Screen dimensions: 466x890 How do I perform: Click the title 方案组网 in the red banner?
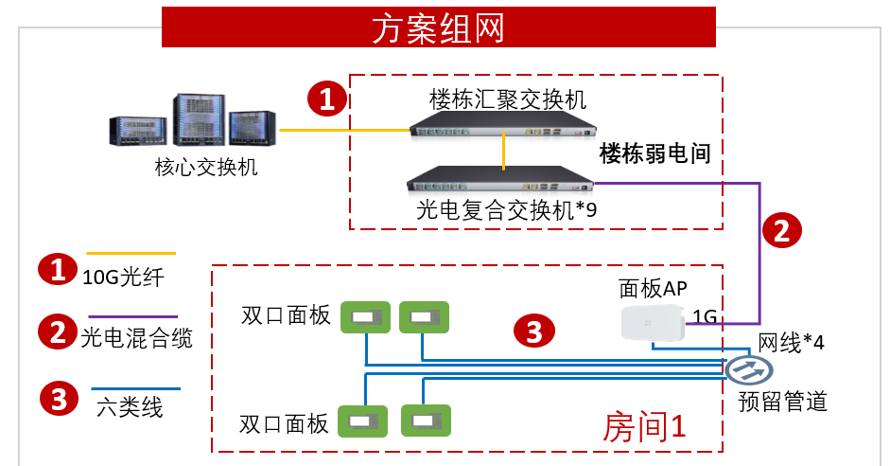coord(437,28)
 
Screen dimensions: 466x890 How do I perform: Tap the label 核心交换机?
coord(206,168)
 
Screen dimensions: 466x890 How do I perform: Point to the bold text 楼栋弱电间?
coord(654,153)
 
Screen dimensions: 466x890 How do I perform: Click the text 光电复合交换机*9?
coord(507,210)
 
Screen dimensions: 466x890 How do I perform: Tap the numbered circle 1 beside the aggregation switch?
coord(327,98)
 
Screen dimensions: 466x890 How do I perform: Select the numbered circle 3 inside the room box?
coord(533,332)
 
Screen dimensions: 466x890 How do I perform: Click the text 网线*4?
coord(792,343)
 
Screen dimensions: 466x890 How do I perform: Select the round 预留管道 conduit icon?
coord(743,367)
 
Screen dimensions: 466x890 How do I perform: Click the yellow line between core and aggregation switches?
coord(342,130)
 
